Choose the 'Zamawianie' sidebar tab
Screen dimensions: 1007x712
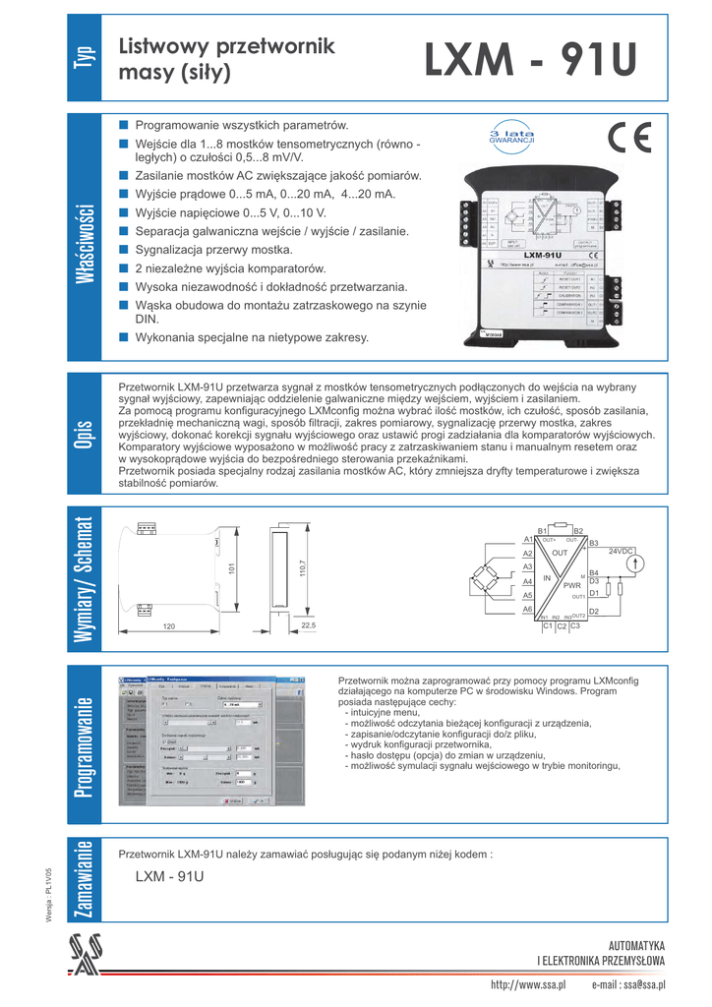coord(84,879)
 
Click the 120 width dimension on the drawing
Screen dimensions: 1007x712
coord(168,626)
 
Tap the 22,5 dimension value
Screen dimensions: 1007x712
coord(308,625)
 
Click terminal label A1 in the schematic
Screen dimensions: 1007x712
coord(527,540)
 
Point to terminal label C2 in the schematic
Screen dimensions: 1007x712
coord(562,626)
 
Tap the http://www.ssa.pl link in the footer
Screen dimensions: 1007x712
coord(528,984)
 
